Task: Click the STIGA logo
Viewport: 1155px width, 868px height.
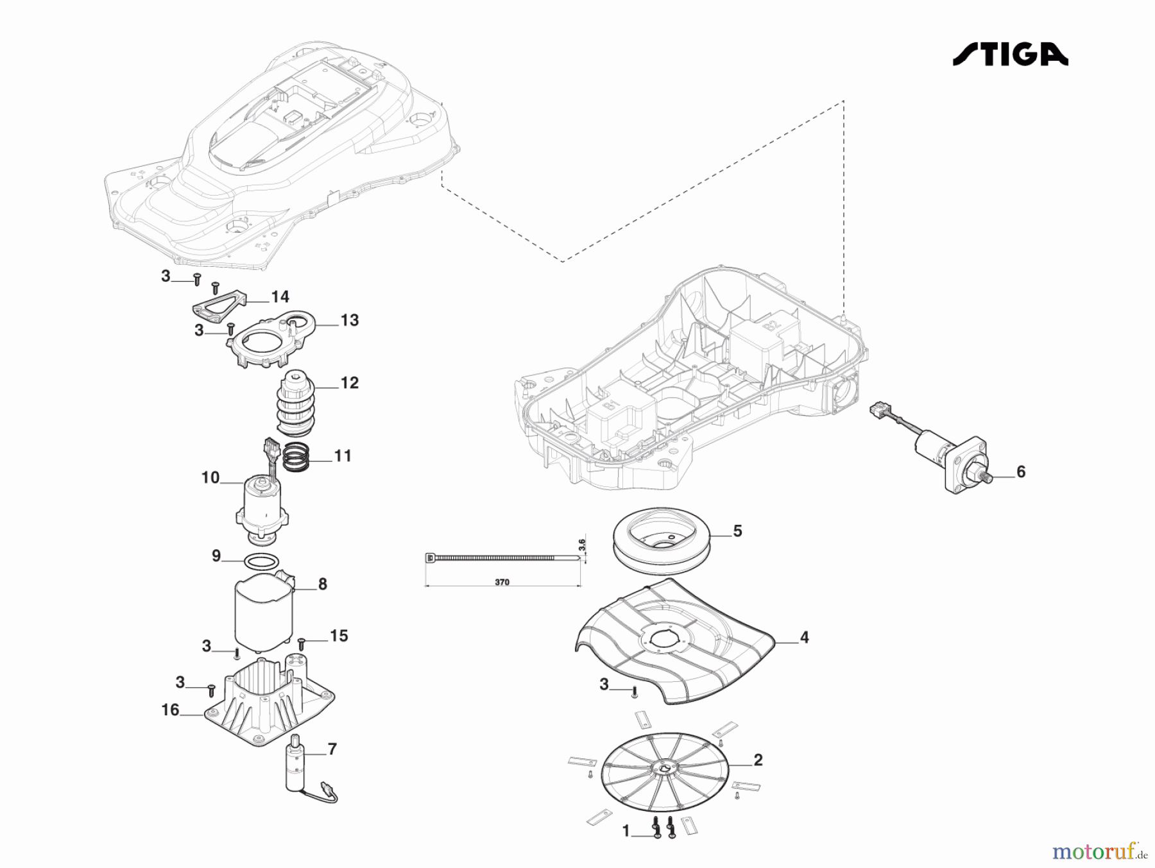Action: click(1010, 55)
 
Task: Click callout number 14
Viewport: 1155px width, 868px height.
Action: click(280, 297)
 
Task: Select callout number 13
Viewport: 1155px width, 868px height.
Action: click(349, 320)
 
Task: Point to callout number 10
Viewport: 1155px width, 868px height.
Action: click(210, 478)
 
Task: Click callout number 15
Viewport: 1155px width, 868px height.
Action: click(339, 636)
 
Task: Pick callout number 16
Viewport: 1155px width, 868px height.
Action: click(170, 710)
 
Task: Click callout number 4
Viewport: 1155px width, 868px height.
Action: click(804, 638)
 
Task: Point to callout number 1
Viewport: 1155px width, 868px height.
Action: click(626, 831)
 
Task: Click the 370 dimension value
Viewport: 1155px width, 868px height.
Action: click(502, 583)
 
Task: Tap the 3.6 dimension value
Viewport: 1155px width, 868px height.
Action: click(582, 545)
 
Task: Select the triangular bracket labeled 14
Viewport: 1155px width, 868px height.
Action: click(218, 306)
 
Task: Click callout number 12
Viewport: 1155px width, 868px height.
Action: click(349, 383)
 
